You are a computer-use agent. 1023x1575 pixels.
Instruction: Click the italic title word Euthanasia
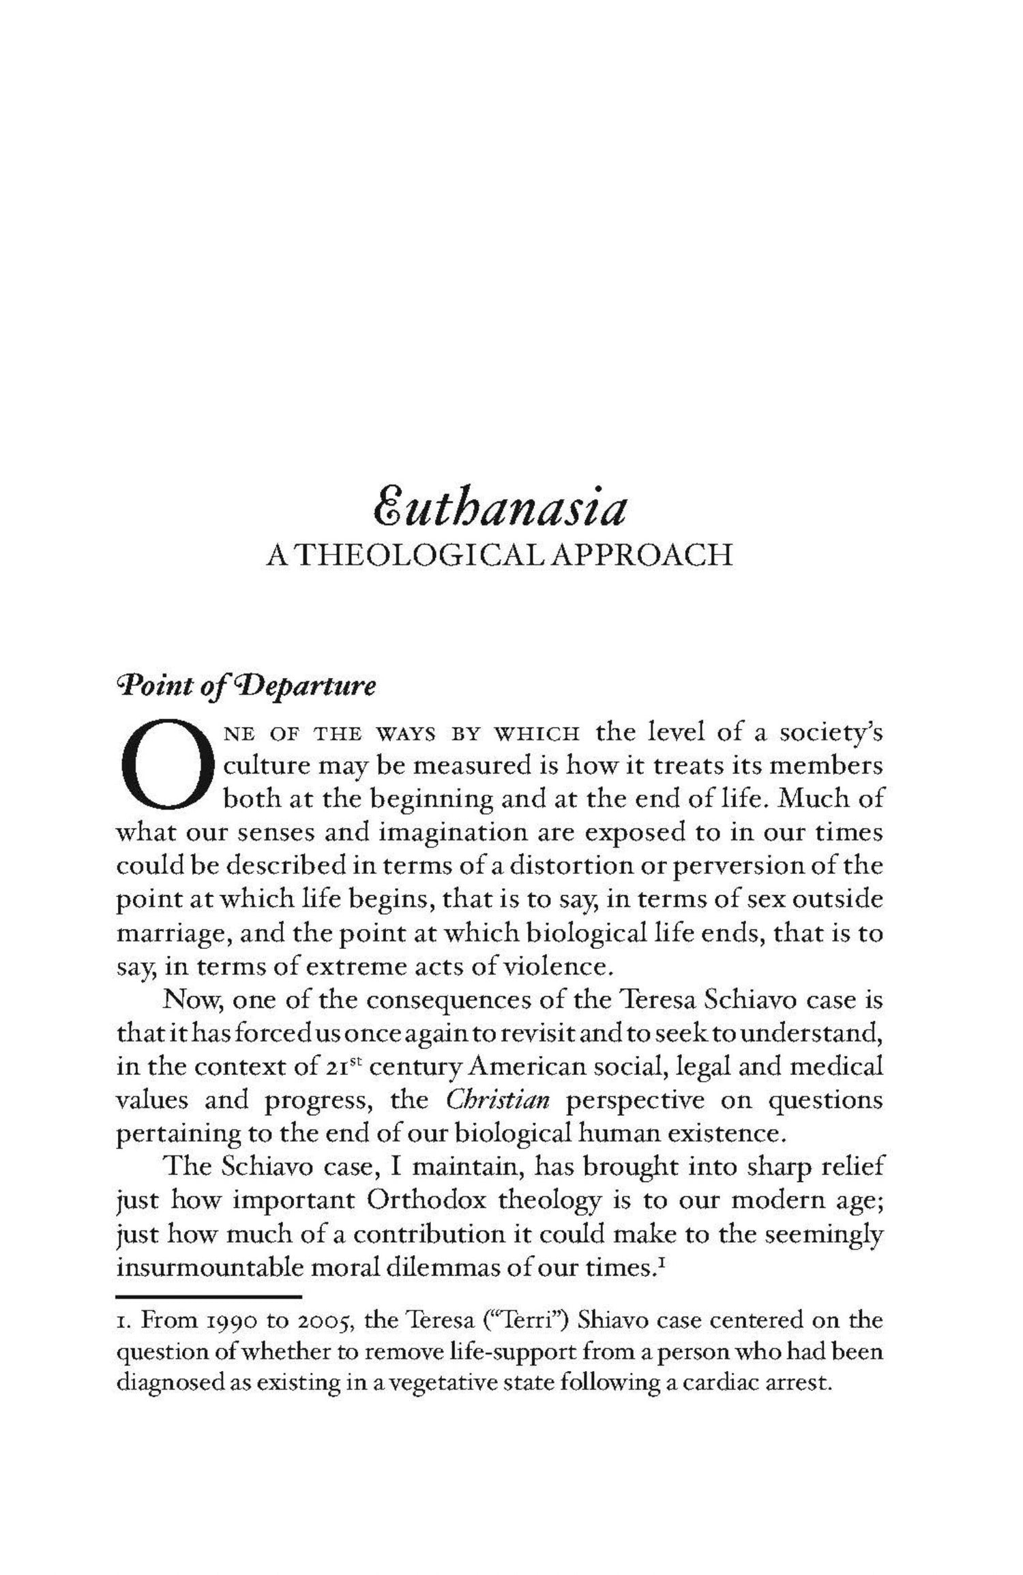(x=499, y=510)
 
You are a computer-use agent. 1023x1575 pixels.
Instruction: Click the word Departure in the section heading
(x=314, y=686)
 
